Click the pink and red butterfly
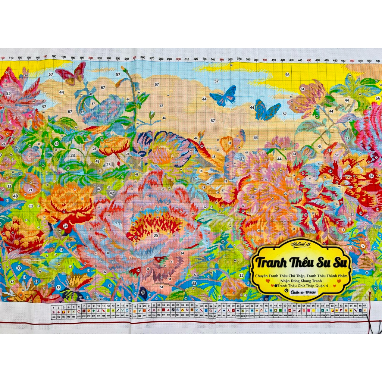[71, 74]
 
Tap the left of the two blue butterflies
[223, 95]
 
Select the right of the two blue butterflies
[267, 110]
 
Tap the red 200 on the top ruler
[91, 58]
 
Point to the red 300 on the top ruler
[178, 59]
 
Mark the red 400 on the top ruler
[265, 60]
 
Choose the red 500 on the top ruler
[352, 60]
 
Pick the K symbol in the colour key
[327, 310]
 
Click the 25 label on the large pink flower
[156, 235]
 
